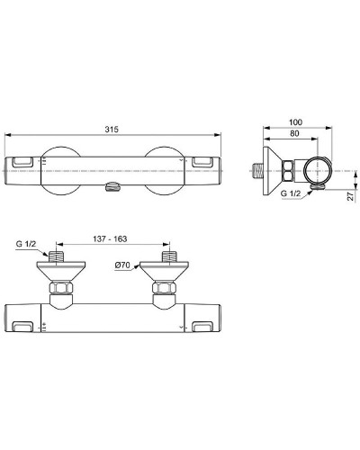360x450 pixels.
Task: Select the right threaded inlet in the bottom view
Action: tap(166, 256)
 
